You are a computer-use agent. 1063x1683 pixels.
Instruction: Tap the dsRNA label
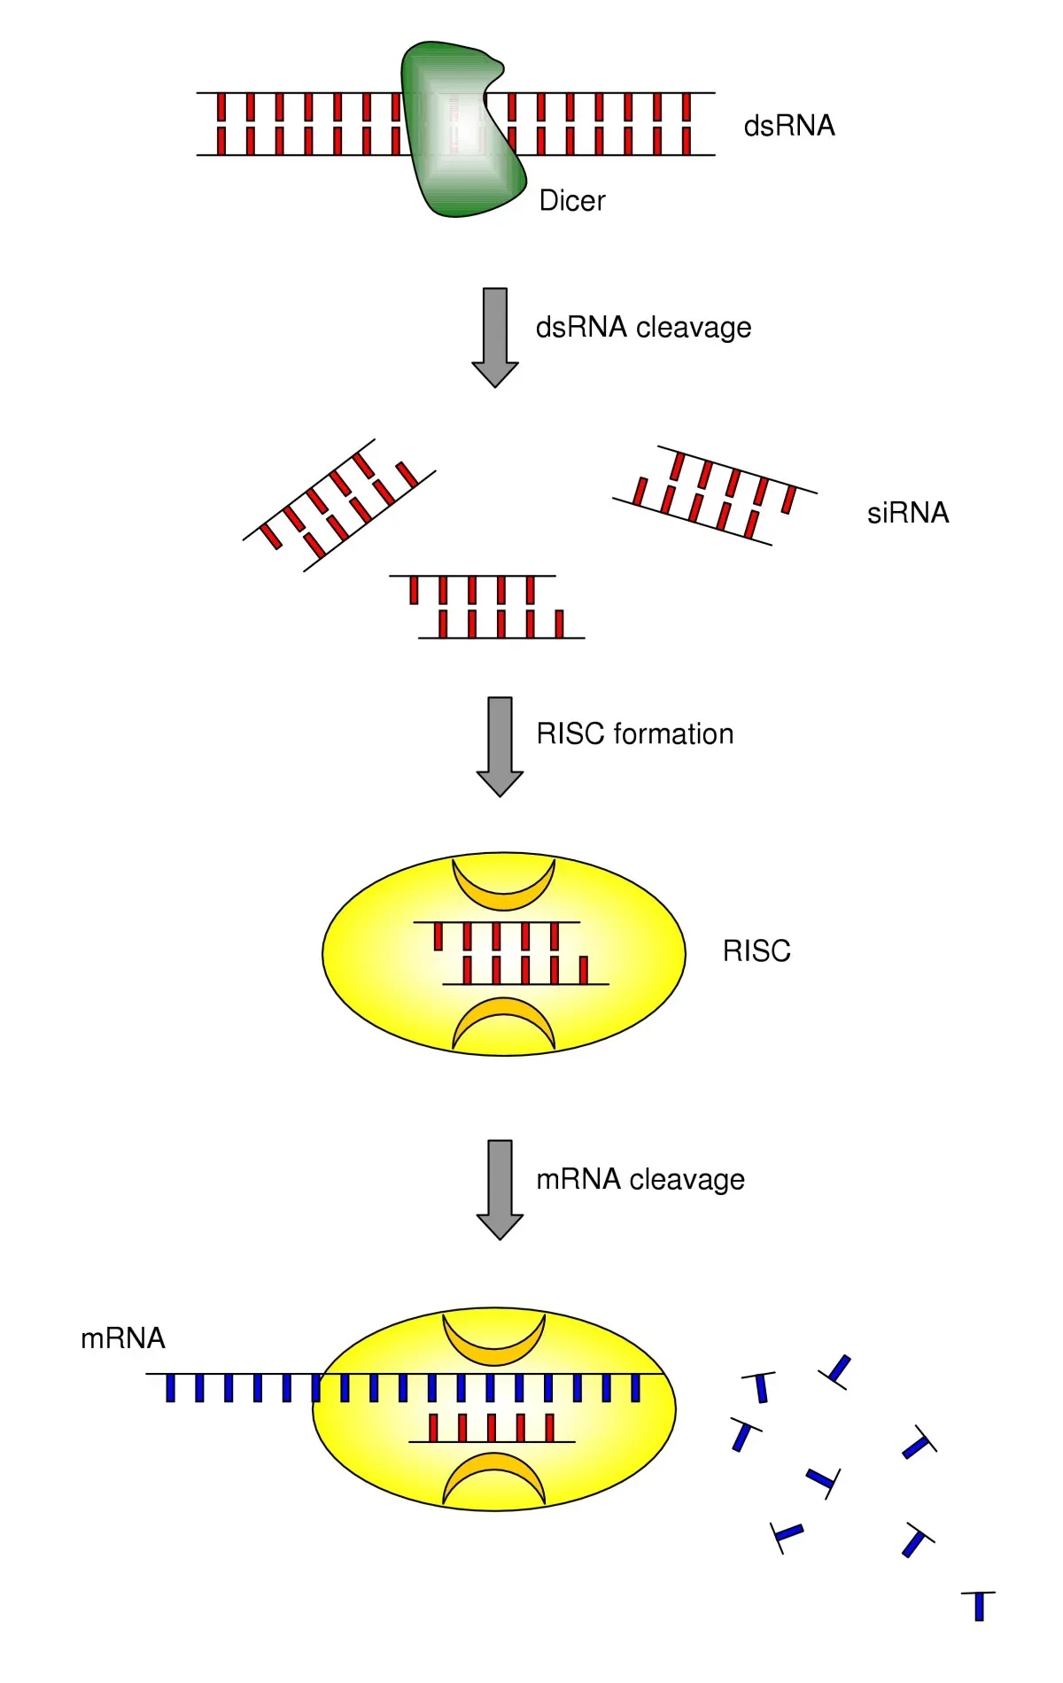click(x=788, y=126)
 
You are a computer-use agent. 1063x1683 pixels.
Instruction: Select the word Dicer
click(x=571, y=201)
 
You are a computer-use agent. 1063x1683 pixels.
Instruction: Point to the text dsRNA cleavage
click(x=643, y=328)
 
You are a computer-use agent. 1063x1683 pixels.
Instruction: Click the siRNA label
click(x=907, y=513)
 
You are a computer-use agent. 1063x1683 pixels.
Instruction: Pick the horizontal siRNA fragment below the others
click(x=487, y=607)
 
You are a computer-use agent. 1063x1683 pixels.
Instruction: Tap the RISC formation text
click(x=635, y=734)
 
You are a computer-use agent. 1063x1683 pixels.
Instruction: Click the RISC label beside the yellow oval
click(x=756, y=951)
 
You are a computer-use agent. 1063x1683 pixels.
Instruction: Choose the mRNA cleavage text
click(x=640, y=1180)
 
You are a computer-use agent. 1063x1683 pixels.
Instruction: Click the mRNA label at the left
click(x=122, y=1338)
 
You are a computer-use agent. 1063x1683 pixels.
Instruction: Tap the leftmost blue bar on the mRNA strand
click(x=171, y=1387)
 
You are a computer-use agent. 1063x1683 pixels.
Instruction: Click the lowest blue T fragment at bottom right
click(x=979, y=1605)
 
